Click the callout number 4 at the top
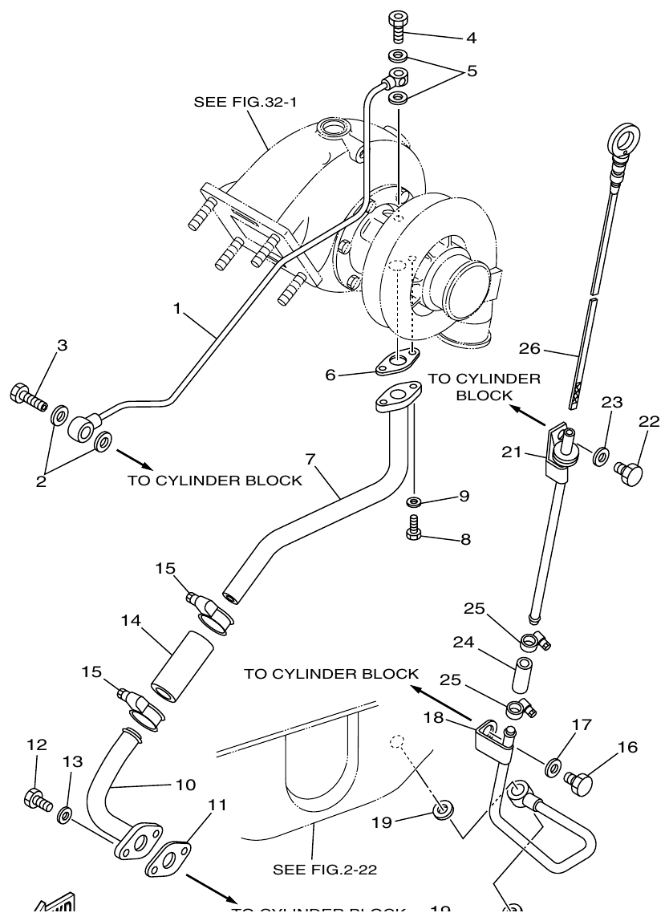coord(471,37)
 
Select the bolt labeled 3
coord(26,395)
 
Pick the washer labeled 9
coord(414,501)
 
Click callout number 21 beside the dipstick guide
coord(513,454)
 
